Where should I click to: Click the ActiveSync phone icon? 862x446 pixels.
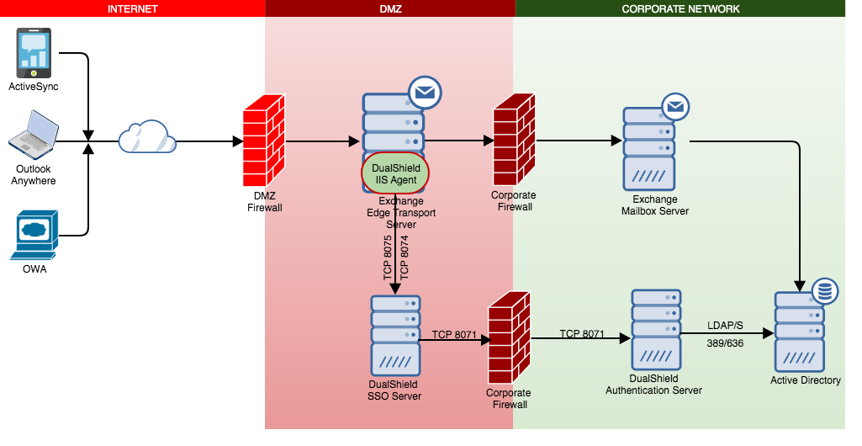click(x=34, y=53)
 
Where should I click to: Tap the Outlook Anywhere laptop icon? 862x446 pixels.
click(x=34, y=135)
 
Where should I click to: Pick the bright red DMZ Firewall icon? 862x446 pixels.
click(x=264, y=141)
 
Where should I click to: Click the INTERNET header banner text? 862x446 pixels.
click(x=133, y=8)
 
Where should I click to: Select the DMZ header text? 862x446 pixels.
click(x=390, y=8)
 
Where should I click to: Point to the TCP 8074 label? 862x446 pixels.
click(x=405, y=257)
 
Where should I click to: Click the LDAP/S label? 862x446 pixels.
click(x=726, y=325)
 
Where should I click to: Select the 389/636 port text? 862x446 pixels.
click(x=725, y=343)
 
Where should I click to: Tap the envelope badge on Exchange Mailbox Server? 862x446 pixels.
click(x=675, y=108)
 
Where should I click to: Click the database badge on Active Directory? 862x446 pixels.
click(x=824, y=292)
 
